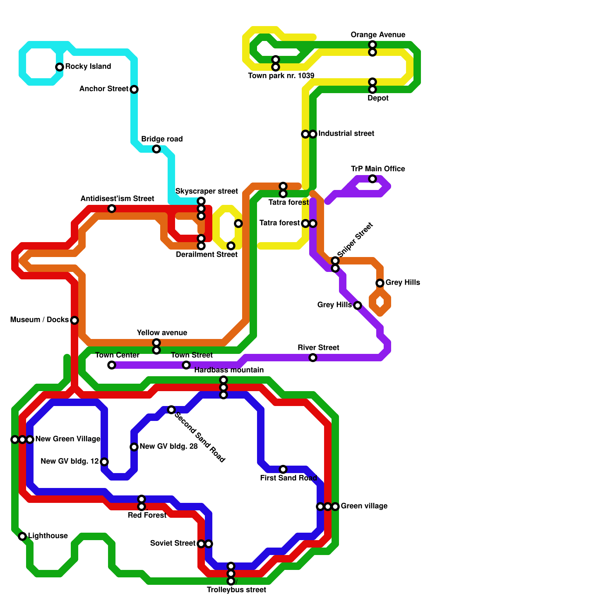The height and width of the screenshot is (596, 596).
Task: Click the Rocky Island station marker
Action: tap(60, 67)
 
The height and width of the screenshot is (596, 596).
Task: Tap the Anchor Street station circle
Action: tap(134, 89)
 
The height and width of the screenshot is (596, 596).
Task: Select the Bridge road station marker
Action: tap(156, 149)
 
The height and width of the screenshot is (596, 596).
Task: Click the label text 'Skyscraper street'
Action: tap(206, 191)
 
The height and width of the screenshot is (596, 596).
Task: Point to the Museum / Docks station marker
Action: tap(74, 320)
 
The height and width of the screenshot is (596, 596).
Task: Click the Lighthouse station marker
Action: tap(22, 536)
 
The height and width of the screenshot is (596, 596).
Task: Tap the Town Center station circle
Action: tap(112, 365)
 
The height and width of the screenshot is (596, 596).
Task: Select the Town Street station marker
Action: tap(186, 365)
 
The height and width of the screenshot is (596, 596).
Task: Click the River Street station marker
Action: tap(313, 358)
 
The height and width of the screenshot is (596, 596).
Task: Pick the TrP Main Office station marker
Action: tap(372, 179)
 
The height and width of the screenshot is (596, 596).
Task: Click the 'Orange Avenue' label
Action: tap(378, 35)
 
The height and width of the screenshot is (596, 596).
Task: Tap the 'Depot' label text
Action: tap(378, 98)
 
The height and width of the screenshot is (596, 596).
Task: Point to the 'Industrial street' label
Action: tap(346, 133)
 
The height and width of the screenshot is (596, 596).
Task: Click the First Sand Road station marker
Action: tap(283, 469)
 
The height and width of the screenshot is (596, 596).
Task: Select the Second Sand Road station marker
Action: tap(171, 410)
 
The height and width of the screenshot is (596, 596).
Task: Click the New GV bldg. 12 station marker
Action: tap(104, 462)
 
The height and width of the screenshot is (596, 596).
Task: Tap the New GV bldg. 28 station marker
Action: tap(134, 447)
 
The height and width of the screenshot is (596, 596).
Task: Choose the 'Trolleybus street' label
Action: tap(236, 590)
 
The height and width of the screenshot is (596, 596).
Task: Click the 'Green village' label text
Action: tap(364, 506)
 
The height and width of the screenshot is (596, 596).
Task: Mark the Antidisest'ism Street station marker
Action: tap(112, 209)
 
